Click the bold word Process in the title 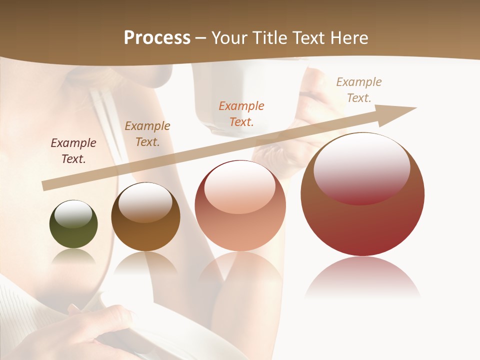tap(157, 38)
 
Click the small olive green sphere tap(73, 231)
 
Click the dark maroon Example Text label tap(73, 151)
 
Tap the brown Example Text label tap(147, 134)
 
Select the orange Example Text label tap(241, 113)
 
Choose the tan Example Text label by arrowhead tap(359, 89)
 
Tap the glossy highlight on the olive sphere tap(73, 214)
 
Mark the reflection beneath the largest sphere tap(362, 277)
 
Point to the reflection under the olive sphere tap(73, 257)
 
